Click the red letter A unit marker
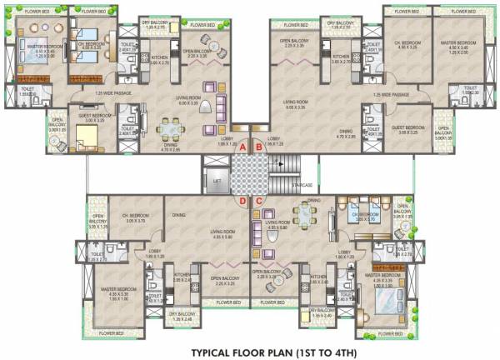click(x=242, y=147)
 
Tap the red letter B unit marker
click(x=258, y=147)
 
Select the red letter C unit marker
click(x=258, y=201)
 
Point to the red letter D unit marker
click(x=242, y=201)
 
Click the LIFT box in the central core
click(x=217, y=179)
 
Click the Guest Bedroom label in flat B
click(x=409, y=128)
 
